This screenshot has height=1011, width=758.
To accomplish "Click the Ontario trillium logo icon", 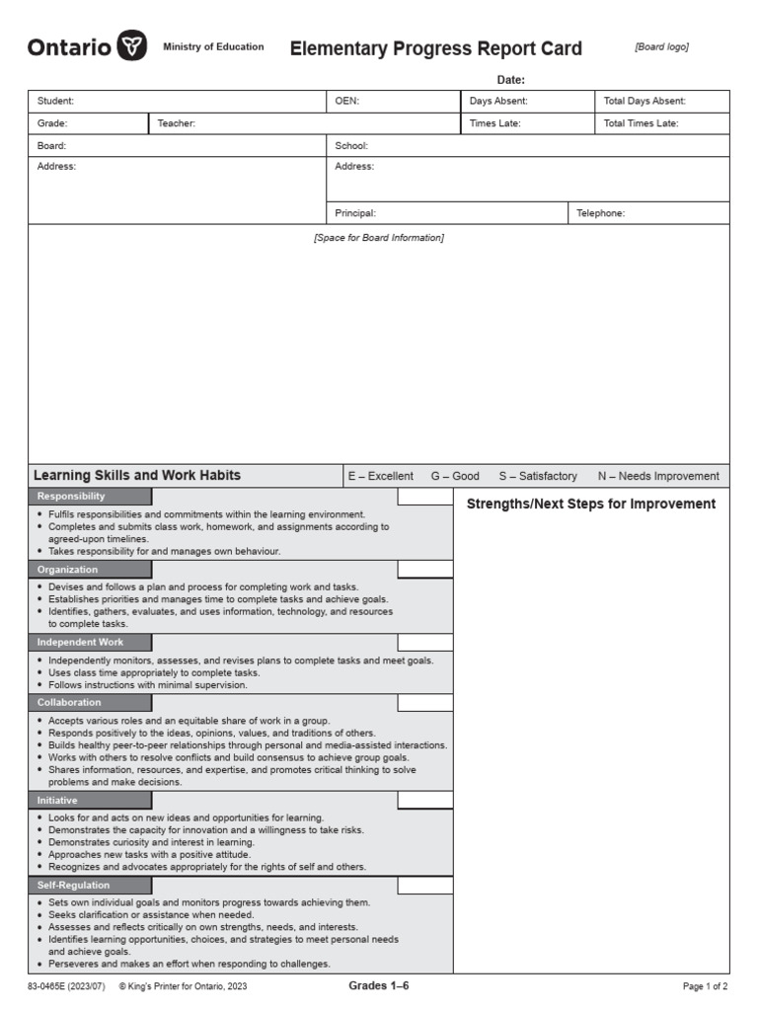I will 132,46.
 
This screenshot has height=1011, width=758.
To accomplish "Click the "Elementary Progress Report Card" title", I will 435,48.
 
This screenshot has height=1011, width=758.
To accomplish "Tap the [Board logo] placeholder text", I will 661,46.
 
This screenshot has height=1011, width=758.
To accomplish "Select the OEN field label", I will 346,101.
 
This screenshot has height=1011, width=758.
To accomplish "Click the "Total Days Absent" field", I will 644,101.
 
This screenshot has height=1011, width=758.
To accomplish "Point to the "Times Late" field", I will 494,123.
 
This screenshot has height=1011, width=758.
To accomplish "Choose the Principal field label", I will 355,212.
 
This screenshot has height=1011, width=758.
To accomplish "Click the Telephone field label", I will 600,212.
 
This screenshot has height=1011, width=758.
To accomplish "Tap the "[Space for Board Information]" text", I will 379,238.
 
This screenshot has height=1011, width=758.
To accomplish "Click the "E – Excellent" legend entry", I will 380,476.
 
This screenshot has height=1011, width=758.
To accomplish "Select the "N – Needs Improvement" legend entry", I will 658,476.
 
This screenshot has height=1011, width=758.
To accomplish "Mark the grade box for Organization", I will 425,570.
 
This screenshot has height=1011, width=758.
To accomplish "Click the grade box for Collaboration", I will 425,703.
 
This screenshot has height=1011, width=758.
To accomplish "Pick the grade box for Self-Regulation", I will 425,886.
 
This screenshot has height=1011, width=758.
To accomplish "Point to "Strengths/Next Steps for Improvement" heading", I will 590,505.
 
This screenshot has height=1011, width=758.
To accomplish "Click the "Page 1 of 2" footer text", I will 705,986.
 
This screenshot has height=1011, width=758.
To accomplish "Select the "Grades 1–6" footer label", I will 378,986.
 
